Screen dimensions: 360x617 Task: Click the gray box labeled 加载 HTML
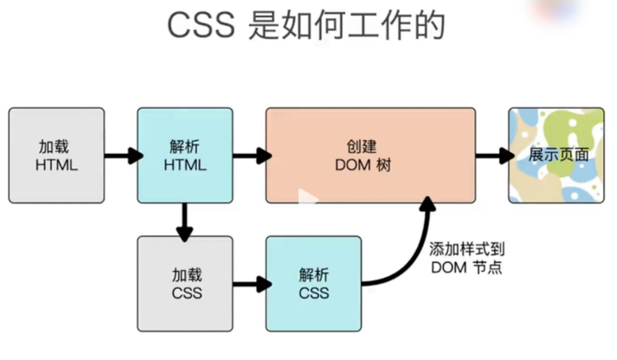coord(57,155)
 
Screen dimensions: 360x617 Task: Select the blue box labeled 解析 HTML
coord(185,155)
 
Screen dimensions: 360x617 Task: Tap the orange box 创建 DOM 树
coord(370,155)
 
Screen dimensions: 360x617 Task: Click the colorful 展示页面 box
coord(556,155)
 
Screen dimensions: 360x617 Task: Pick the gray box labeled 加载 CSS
coord(185,283)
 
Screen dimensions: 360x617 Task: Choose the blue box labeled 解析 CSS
coord(314,283)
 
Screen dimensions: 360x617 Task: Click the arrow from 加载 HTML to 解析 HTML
coord(121,155)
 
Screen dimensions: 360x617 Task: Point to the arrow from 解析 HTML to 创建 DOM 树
coord(250,155)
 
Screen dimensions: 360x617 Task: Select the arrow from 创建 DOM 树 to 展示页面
coord(493,155)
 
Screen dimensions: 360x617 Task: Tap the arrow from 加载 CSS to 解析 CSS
coord(250,284)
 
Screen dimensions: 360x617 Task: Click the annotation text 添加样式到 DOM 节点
coord(466,258)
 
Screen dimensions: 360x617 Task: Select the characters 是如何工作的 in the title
coord(346,26)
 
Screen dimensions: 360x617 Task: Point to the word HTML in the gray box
coord(57,165)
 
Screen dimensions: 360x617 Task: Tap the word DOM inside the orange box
coord(353,165)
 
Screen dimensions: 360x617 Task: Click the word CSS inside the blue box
coord(314,293)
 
